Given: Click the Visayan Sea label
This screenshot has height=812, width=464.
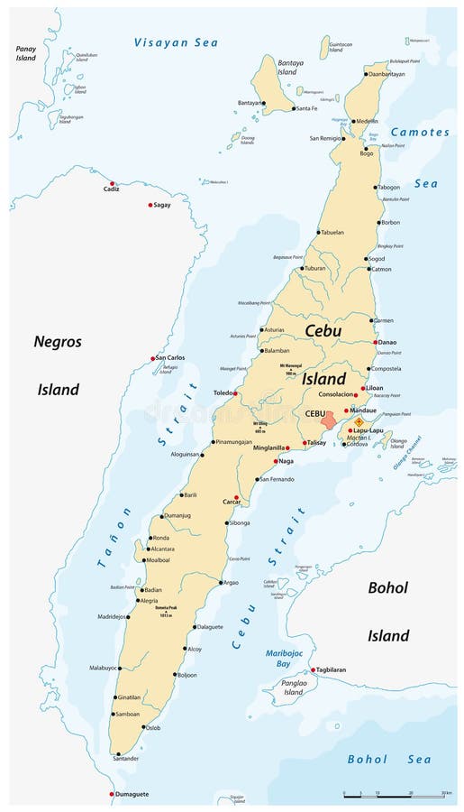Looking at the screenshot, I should click(x=176, y=42).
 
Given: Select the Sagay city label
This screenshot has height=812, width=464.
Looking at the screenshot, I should click(x=162, y=206).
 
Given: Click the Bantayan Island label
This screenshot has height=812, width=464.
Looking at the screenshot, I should click(x=287, y=66).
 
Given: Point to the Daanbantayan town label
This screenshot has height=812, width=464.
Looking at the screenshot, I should click(x=387, y=74).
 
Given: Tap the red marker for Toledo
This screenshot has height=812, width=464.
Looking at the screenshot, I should click(x=236, y=393).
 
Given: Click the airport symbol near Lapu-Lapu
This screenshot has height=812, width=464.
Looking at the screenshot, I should click(x=359, y=420).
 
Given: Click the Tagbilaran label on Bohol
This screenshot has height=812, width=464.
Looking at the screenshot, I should click(x=335, y=670).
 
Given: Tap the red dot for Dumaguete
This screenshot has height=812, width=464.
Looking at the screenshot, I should click(x=112, y=794).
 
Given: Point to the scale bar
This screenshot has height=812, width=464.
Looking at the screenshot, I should click(x=396, y=795).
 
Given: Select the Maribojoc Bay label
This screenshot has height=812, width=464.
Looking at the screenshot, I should click(x=283, y=658).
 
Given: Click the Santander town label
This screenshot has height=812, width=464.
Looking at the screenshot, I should click(x=125, y=759).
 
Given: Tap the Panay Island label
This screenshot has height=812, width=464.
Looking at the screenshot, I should click(x=25, y=53).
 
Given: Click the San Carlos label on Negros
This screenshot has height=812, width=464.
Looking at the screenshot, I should click(x=171, y=358).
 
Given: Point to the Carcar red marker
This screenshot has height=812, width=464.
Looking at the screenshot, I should click(x=237, y=497).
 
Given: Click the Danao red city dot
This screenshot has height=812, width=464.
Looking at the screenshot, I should click(x=376, y=342).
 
